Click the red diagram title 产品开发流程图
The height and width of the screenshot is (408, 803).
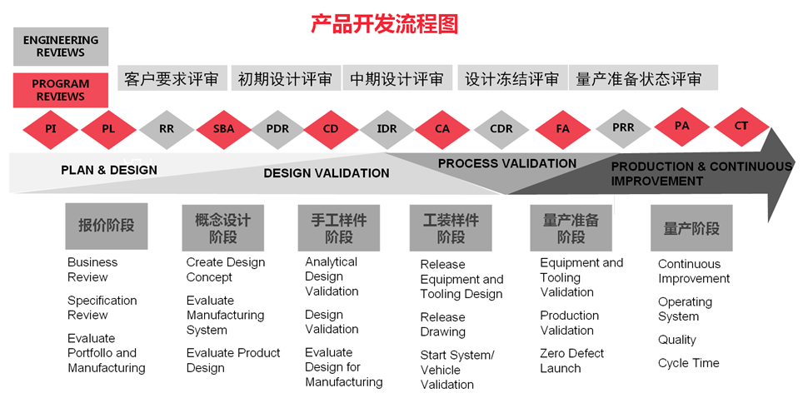tap(384, 24)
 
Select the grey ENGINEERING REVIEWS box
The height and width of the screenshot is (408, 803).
tap(61, 46)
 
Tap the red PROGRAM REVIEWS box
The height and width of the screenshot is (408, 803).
tap(61, 90)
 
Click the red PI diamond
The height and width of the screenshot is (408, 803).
tap(50, 129)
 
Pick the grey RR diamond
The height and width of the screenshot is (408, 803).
tap(167, 129)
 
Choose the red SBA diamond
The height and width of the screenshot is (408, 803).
tap(223, 129)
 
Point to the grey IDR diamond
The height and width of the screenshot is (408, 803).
tap(387, 129)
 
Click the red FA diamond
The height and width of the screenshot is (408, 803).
tap(562, 129)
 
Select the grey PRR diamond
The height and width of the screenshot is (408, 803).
tap(623, 127)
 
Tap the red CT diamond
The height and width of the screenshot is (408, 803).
tap(741, 126)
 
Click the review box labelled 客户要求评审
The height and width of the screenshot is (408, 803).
tap(172, 77)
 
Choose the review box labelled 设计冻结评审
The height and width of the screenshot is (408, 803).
tap(512, 77)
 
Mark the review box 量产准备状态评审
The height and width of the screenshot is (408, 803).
tap(643, 77)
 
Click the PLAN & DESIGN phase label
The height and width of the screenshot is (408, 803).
tap(109, 170)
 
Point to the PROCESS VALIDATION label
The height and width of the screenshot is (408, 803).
tap(507, 163)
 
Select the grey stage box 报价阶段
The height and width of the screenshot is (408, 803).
tap(107, 226)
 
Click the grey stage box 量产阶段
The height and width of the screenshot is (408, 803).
tap(691, 228)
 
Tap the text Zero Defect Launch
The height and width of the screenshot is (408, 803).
tap(571, 361)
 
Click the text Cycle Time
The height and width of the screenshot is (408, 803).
tap(688, 363)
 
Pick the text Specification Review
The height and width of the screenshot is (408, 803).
tap(102, 307)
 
